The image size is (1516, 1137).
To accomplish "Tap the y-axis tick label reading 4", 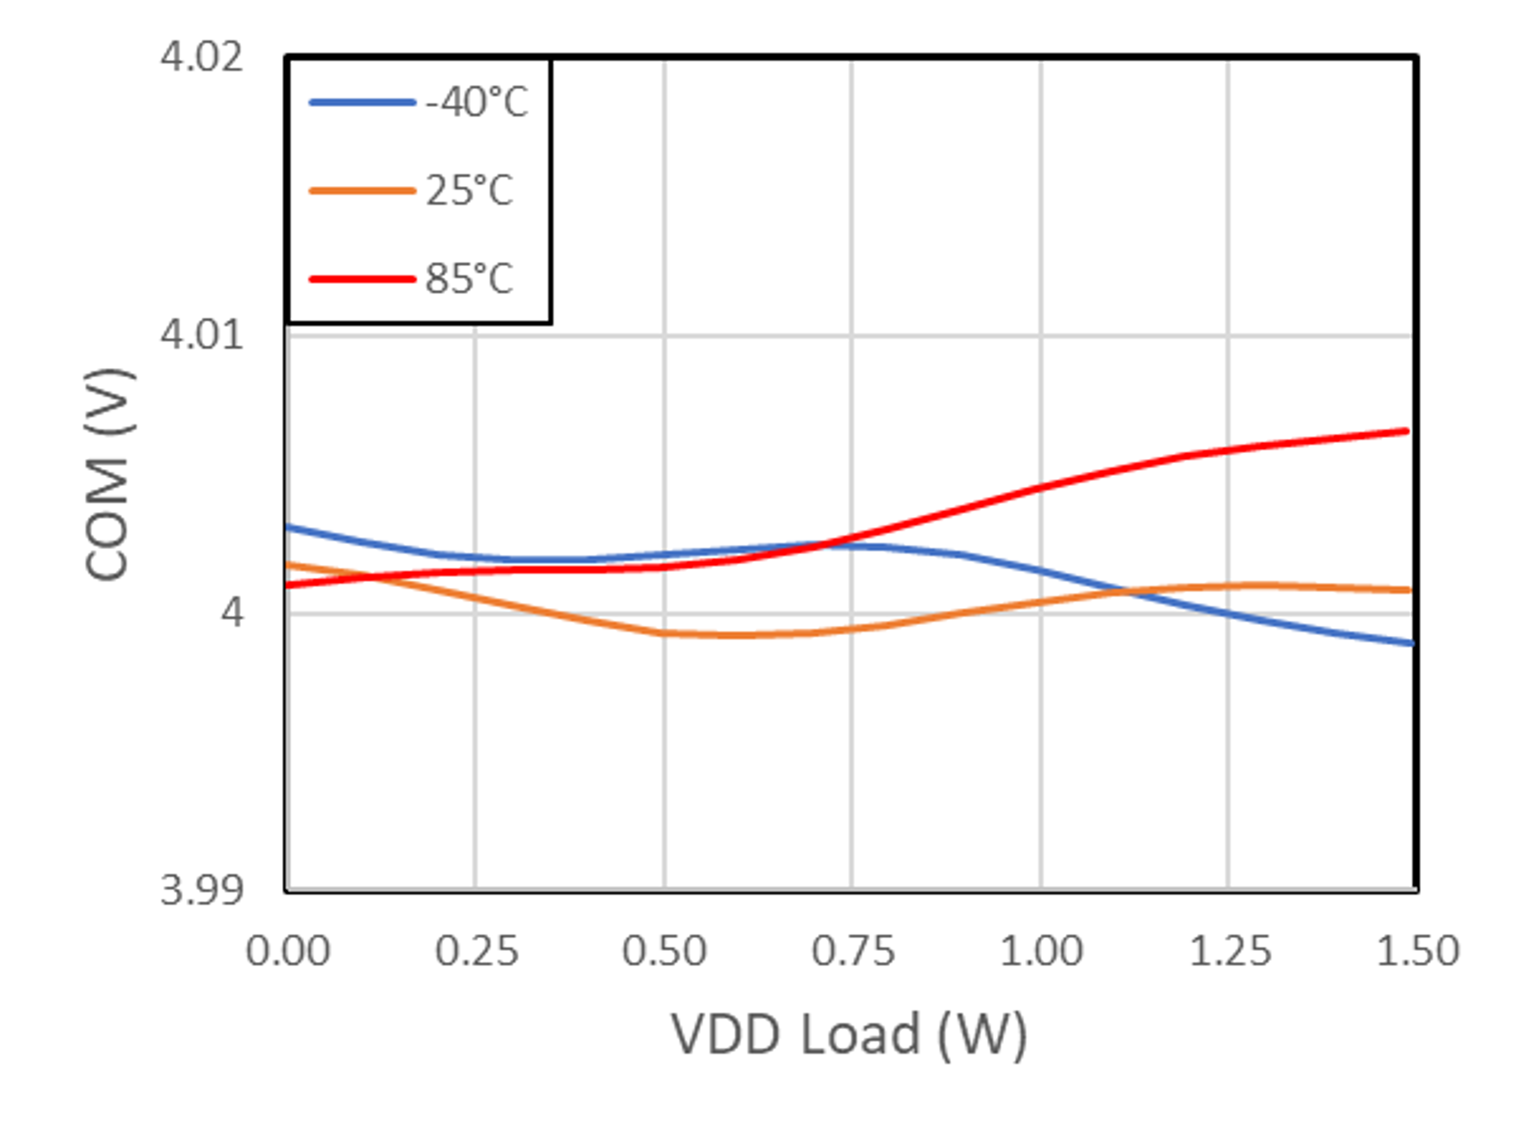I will pyautogui.click(x=232, y=613).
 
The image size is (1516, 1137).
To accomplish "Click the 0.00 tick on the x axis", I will pyautogui.click(x=288, y=952).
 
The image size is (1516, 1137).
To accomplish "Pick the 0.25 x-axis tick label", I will pyautogui.click(x=476, y=952).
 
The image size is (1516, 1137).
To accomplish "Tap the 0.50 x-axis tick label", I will pyautogui.click(x=664, y=952).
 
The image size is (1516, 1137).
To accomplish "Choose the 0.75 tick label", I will pyautogui.click(x=853, y=952).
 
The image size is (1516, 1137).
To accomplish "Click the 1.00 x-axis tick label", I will pyautogui.click(x=1041, y=952).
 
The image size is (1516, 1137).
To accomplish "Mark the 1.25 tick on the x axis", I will pyautogui.click(x=1229, y=952).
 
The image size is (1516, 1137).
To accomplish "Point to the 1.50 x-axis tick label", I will pyautogui.click(x=1417, y=952).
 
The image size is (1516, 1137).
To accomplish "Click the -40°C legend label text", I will pyautogui.click(x=476, y=103).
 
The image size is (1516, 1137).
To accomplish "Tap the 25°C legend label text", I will pyautogui.click(x=469, y=190).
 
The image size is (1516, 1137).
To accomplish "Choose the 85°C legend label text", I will pyautogui.click(x=469, y=279).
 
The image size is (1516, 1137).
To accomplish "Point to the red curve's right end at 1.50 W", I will pyautogui.click(x=1406, y=431).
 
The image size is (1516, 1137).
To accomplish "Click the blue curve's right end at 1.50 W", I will pyautogui.click(x=1410, y=643).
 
